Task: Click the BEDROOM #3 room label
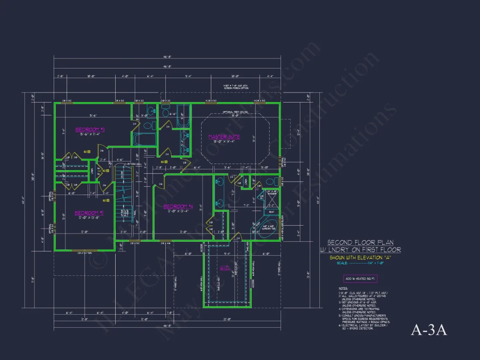tap(90, 130)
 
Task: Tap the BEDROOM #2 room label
tap(89, 213)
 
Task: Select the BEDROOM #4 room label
tap(178, 206)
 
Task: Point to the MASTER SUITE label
tap(224, 137)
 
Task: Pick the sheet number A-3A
tap(429, 330)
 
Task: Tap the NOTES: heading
tap(343, 288)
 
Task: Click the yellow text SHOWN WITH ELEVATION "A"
tap(360, 257)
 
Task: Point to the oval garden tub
tap(267, 229)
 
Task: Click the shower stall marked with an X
tap(271, 200)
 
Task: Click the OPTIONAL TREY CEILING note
tap(234, 112)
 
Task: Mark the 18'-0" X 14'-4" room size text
tap(224, 141)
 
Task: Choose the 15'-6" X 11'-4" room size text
tap(90, 134)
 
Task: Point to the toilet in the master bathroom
tap(269, 181)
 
